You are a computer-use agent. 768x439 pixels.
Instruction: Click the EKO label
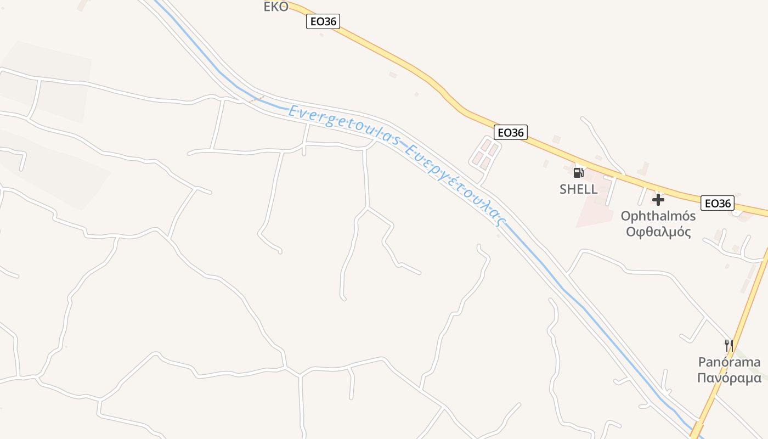[x=276, y=7]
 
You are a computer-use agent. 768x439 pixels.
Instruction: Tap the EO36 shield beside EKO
[x=323, y=21]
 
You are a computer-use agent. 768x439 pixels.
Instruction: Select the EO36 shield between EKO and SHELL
[x=510, y=132]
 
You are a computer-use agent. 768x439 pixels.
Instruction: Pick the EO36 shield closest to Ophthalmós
[x=718, y=203]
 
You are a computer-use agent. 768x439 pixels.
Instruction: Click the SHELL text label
[x=578, y=189]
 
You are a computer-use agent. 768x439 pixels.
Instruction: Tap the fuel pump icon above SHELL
[x=578, y=173]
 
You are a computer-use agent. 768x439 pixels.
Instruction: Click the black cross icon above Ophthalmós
[x=658, y=200]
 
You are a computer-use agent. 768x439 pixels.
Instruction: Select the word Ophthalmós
[x=658, y=216]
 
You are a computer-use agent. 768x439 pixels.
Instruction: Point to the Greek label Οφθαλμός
[x=658, y=232]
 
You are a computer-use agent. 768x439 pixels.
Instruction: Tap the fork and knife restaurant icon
[x=729, y=346]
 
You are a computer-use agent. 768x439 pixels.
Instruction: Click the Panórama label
[x=729, y=362]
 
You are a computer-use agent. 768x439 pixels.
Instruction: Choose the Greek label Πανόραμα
[x=729, y=378]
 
